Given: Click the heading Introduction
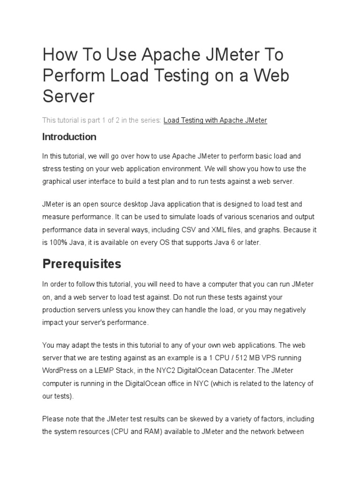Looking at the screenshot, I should tap(69, 137).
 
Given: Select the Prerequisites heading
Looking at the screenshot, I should tap(82, 264).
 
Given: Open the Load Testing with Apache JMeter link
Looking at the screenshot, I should tap(215, 120).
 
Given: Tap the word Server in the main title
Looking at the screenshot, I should tap(68, 96).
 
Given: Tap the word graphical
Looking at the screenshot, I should tap(58, 181).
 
